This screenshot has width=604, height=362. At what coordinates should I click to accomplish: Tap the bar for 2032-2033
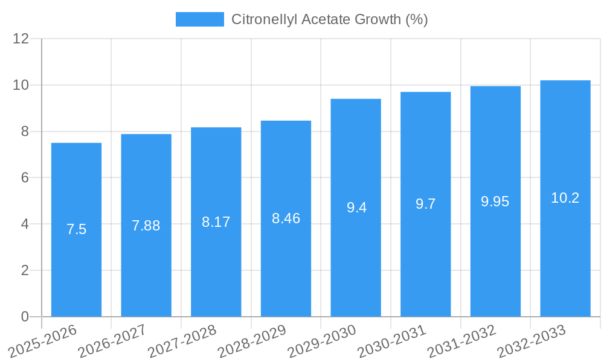(565, 253)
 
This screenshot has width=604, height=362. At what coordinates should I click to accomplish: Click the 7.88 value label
(146, 226)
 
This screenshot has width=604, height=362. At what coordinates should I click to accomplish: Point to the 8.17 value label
(216, 222)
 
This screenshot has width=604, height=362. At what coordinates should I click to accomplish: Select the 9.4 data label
(356, 208)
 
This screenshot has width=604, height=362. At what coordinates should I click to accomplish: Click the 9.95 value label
(495, 202)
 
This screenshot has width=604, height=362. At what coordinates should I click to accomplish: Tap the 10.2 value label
(565, 198)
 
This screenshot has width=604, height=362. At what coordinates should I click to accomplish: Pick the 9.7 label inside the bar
(426, 204)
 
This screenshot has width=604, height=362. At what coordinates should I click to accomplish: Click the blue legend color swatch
(199, 19)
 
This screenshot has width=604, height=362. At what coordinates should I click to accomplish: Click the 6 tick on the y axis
(25, 177)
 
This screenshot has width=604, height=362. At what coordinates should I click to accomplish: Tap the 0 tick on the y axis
(25, 317)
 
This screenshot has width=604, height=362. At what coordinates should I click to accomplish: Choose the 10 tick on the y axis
(21, 85)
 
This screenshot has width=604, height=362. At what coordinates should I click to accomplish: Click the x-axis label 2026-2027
(112, 341)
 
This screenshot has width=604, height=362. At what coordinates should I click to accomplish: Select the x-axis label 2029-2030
(322, 341)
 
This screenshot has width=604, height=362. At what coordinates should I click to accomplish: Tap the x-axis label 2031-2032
(461, 341)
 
